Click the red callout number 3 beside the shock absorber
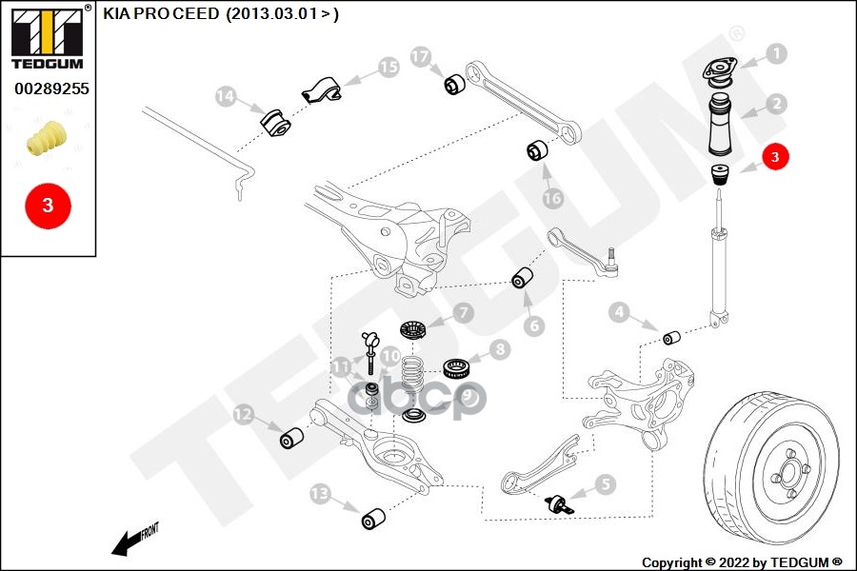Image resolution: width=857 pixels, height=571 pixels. point(775,157)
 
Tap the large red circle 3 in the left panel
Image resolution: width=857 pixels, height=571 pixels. point(47,205)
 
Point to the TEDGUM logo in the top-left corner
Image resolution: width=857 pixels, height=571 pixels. point(47,37)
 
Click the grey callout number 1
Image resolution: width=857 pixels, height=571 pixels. point(776,54)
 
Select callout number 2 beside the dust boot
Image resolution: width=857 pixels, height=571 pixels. point(776,104)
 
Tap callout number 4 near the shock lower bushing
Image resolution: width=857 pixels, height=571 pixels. point(619,311)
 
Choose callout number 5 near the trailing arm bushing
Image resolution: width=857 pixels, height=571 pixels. point(606,484)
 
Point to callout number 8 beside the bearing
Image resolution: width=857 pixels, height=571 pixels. point(500,350)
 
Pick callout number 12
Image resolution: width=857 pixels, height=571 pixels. point(244,414)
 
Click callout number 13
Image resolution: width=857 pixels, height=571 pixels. point(320,492)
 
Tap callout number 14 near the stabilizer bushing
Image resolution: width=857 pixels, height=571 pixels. point(225,96)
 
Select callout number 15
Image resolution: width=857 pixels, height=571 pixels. point(388,67)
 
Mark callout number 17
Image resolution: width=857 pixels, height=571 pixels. point(421,56)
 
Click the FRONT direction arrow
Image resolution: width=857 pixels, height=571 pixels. point(131,541)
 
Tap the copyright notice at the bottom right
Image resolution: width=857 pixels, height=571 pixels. point(742,561)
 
